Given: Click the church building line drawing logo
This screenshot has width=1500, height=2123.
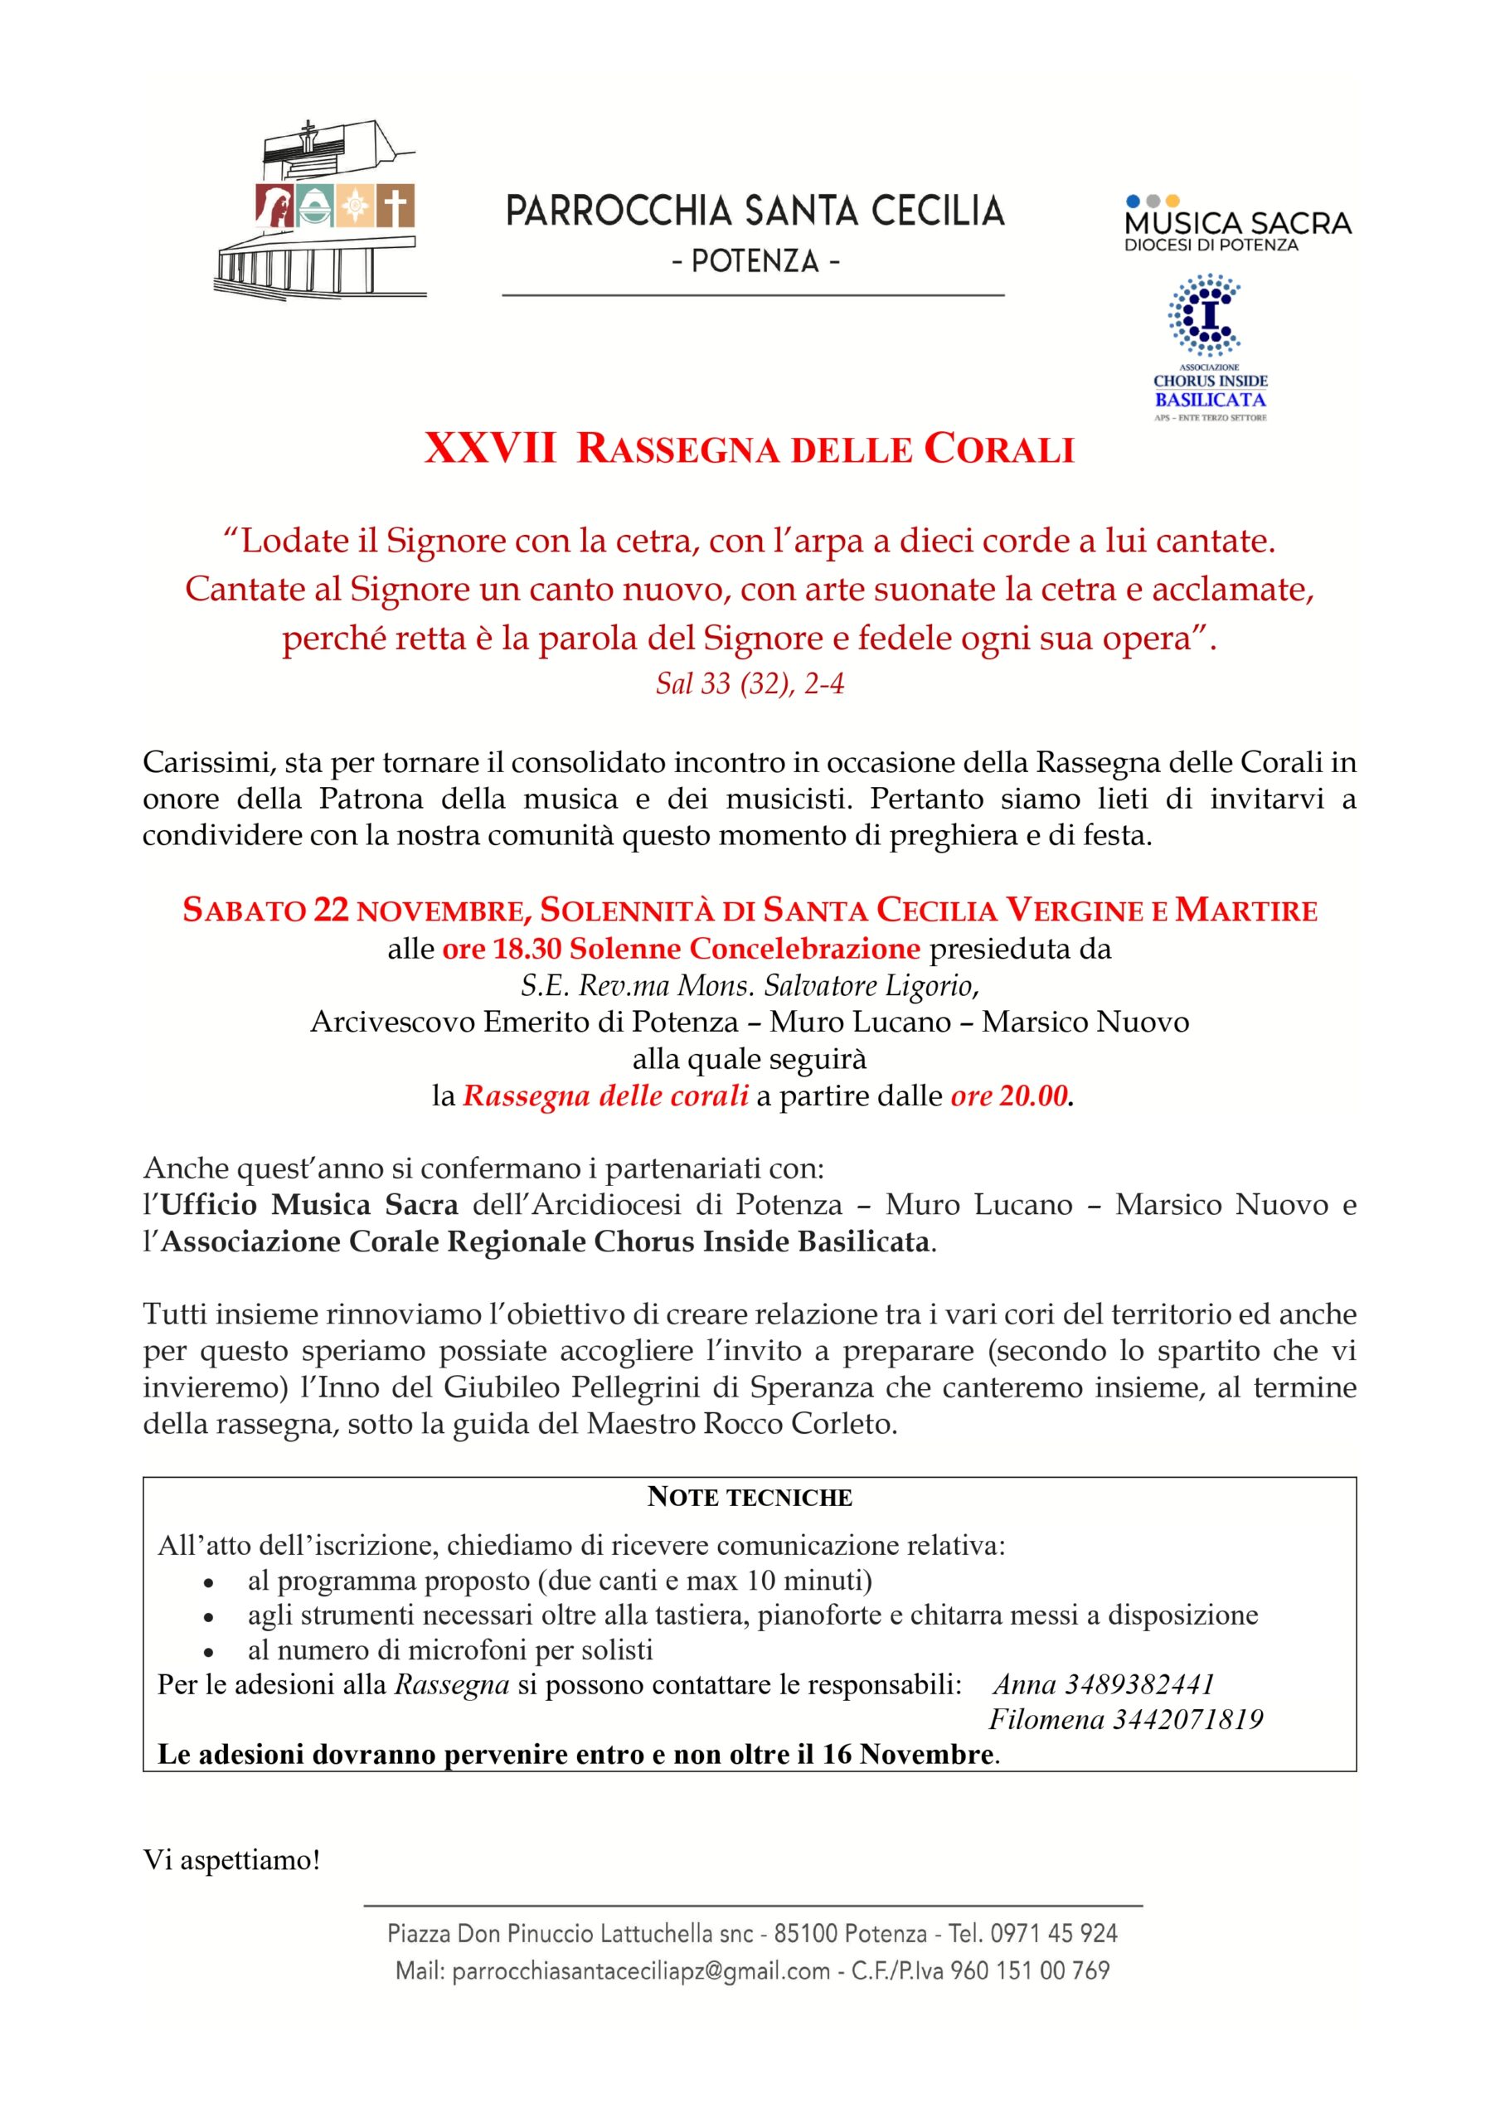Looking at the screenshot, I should (x=314, y=208).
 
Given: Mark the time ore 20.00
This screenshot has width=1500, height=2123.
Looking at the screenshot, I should (x=1009, y=1096).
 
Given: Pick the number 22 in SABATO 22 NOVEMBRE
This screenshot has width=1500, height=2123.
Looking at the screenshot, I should (x=331, y=911).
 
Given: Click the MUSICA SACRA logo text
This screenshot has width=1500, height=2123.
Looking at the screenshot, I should (x=1237, y=223).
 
